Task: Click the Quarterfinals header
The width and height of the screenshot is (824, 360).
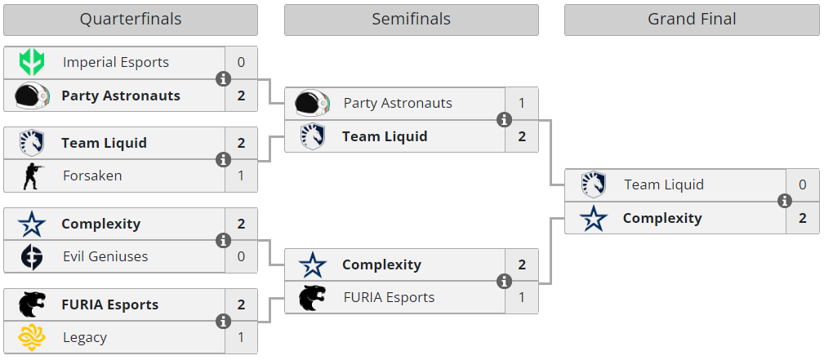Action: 131,20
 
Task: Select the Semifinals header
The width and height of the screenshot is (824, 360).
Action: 411,20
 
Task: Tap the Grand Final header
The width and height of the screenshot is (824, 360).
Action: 692,20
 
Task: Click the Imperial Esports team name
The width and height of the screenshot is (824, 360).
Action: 116,63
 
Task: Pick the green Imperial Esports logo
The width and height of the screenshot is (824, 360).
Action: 32,63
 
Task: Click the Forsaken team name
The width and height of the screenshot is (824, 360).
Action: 92,176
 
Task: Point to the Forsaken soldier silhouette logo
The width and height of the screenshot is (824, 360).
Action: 33,176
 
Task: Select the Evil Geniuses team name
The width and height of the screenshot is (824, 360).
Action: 105,256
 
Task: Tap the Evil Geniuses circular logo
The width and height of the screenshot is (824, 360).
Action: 32,256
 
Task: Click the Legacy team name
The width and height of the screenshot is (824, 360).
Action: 85,337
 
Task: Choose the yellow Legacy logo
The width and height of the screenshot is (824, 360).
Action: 32,337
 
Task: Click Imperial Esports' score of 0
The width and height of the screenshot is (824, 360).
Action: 241,63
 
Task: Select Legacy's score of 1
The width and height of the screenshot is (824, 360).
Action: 241,337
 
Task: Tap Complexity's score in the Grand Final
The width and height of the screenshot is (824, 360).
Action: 803,218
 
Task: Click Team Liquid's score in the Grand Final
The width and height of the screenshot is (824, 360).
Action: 803,185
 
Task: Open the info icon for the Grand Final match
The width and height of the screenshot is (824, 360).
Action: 785,201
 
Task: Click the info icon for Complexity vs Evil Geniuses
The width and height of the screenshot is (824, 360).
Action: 223,240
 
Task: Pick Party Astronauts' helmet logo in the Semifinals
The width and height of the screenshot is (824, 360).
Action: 312,103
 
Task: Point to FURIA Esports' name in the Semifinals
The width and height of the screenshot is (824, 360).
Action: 389,297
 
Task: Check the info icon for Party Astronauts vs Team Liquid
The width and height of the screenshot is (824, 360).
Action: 504,120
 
